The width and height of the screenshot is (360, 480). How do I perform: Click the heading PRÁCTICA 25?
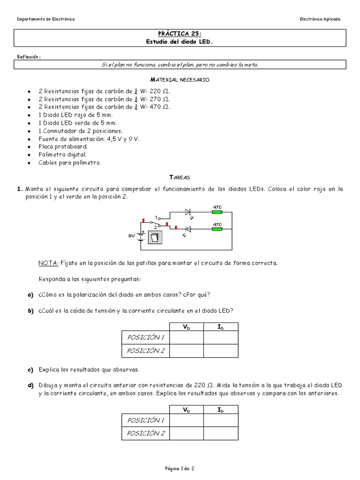(180, 34)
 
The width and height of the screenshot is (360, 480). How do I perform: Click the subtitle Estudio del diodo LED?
(180, 42)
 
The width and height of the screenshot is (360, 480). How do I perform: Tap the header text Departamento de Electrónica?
(45, 19)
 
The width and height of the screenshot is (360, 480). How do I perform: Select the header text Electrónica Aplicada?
(320, 19)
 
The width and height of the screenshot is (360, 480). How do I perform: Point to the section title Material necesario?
(180, 80)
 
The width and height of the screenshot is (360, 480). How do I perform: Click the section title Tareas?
(180, 178)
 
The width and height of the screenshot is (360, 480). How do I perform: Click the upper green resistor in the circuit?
(217, 212)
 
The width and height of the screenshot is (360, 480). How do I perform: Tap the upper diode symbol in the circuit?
(188, 212)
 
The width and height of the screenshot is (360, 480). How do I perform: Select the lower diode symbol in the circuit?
(188, 229)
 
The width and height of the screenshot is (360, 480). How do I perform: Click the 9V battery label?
(132, 236)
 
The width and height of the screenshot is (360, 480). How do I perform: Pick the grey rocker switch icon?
(154, 238)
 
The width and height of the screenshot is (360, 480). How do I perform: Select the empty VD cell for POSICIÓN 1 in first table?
(186, 337)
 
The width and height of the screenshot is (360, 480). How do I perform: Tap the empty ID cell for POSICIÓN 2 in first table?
(221, 351)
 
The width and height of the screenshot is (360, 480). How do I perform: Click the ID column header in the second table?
(221, 410)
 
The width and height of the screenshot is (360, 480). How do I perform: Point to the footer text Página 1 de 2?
(180, 468)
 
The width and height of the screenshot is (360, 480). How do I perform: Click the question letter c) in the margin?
(30, 370)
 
